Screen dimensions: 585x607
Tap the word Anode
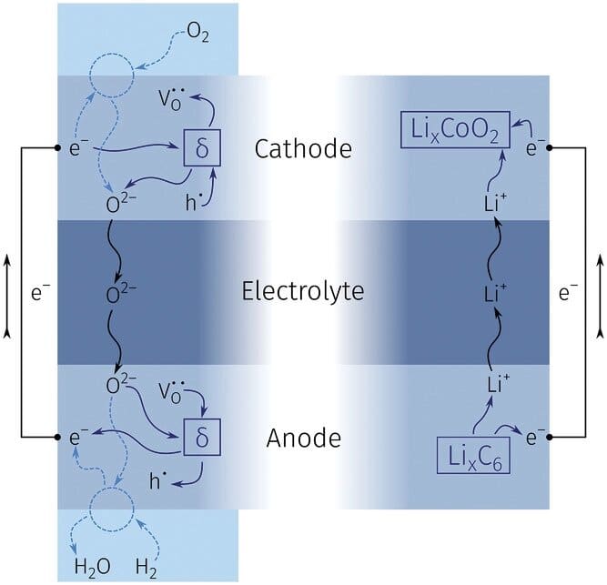coord(304,439)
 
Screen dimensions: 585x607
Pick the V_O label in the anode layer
coord(177,390)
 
